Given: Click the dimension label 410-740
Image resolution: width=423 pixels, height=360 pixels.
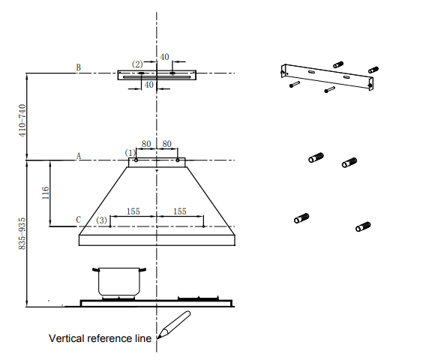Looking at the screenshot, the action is (22, 121).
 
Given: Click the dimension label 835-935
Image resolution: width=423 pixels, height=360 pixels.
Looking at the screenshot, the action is (22, 234).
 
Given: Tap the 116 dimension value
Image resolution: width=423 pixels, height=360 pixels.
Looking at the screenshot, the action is (46, 193).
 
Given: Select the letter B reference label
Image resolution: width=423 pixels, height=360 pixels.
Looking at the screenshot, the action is (78, 67).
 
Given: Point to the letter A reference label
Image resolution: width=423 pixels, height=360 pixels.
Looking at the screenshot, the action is (79, 156).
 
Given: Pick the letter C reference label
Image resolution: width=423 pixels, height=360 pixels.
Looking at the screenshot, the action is (79, 220).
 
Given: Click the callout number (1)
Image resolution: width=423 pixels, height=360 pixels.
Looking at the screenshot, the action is (130, 153).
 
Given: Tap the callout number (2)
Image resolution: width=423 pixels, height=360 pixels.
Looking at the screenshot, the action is (137, 64).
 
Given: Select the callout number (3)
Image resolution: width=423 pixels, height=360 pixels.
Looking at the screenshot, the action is (102, 220).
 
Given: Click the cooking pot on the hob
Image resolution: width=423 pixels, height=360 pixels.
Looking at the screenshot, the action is (119, 281).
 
